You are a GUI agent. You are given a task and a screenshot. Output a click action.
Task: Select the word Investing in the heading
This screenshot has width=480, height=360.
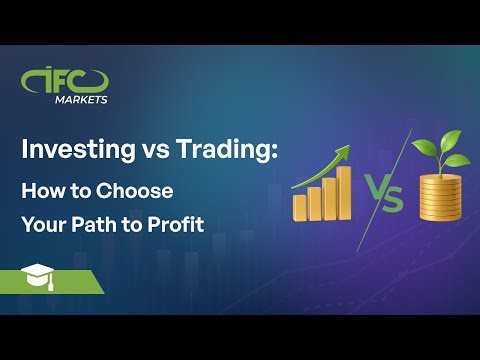click(x=73, y=151)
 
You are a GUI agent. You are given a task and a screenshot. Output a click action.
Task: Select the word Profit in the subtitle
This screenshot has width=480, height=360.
click(x=177, y=224)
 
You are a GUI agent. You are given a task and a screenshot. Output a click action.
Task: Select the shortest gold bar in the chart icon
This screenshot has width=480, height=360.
click(x=299, y=207)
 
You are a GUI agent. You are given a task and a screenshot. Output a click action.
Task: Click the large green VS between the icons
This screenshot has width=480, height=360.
click(x=382, y=193)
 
